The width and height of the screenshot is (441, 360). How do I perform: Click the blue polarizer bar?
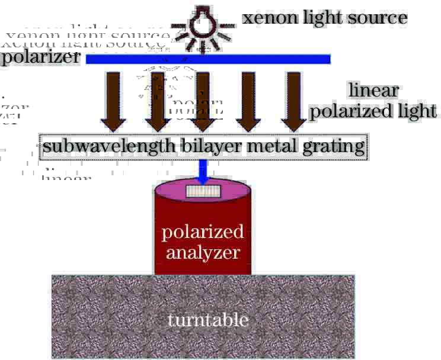pos(208,59)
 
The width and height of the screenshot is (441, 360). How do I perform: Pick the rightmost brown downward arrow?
pos(293,101)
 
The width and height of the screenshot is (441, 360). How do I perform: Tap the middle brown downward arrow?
pos(203,101)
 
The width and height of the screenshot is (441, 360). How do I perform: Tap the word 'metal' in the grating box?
pos(258,146)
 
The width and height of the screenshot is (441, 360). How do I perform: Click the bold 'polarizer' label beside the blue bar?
pos(40,59)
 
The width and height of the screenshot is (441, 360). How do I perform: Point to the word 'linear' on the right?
pos(373,91)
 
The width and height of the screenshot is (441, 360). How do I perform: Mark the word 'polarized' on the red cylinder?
pos(203,232)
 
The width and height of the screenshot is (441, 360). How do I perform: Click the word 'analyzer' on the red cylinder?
pos(203,253)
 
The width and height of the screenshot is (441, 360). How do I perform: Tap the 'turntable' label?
pos(207,320)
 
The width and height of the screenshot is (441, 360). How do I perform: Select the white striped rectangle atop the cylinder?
pos(203,191)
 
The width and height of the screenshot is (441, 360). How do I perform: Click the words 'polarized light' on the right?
pos(373,111)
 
